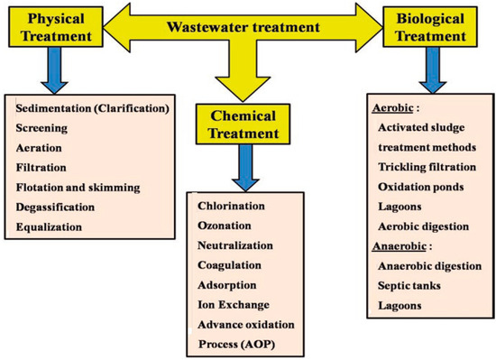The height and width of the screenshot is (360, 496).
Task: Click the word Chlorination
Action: (231, 206)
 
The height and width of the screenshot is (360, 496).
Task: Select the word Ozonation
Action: (225, 225)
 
